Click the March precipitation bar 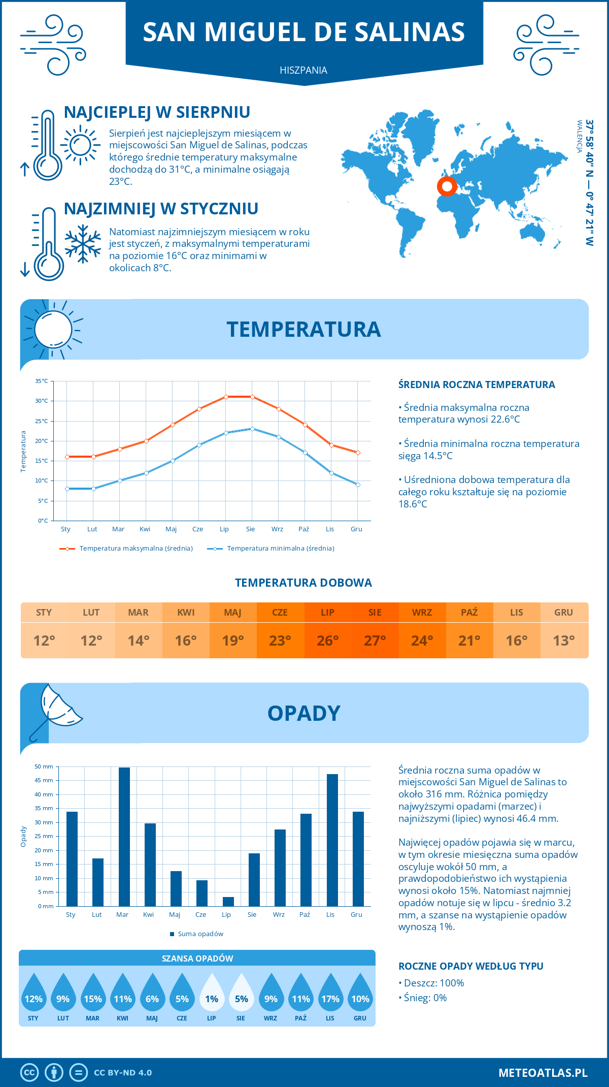(124, 837)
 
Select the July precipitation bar (228, 902)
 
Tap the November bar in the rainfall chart (332, 840)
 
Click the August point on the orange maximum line (252, 397)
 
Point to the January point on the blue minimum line (67, 489)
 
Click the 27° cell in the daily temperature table (375, 641)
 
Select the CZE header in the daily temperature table (280, 612)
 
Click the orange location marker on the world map (447, 187)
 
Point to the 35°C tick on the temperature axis (42, 381)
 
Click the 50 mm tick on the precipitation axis (44, 766)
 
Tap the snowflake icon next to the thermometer (83, 244)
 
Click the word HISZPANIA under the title (303, 70)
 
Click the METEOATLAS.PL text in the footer (543, 1073)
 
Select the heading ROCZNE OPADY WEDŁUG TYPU (471, 966)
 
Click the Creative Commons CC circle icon (29, 1073)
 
